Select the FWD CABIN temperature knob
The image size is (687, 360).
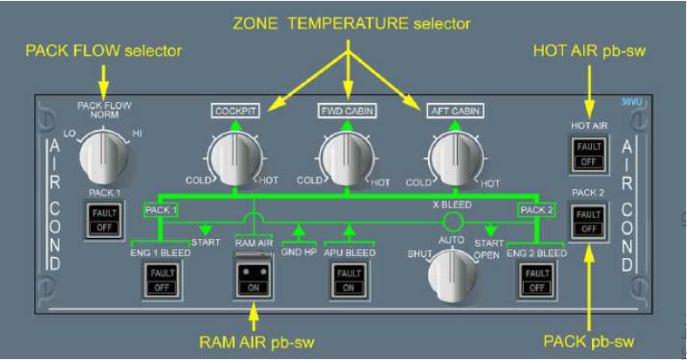(x=346, y=160)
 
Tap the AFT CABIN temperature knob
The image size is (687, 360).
(x=454, y=160)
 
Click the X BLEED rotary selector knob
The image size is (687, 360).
(x=452, y=274)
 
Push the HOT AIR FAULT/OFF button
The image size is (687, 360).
(x=588, y=154)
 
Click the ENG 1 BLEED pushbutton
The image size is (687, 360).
(x=160, y=281)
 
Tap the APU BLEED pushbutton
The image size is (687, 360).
(x=347, y=281)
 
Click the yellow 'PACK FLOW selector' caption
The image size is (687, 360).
(x=104, y=51)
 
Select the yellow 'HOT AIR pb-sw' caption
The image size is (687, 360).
(x=589, y=51)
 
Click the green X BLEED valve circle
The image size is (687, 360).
(x=452, y=220)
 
